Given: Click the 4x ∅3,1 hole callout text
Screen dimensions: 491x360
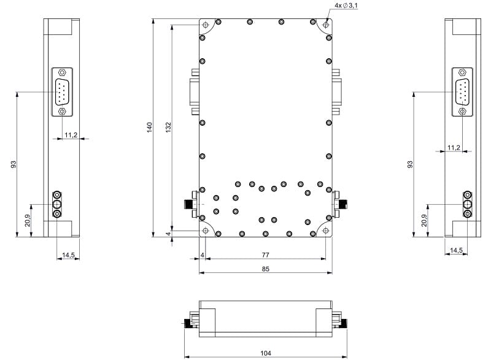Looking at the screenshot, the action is tap(346, 6).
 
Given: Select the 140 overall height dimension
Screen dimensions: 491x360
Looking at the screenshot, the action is tap(149, 128).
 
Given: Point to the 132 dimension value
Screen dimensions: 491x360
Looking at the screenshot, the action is tap(168, 128).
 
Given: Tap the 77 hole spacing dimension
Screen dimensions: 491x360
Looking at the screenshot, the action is tap(265, 255).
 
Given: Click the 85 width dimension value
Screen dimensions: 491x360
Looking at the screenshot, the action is tap(265, 269).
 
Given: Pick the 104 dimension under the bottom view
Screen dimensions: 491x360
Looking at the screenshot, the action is tap(266, 353).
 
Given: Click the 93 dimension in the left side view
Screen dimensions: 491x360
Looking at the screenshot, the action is tap(14, 164).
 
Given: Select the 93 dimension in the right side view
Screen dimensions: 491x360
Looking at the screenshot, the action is tap(410, 164).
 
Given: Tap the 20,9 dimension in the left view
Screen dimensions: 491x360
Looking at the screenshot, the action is tap(28, 221).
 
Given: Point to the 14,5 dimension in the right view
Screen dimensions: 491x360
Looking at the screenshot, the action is tap(456, 250).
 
